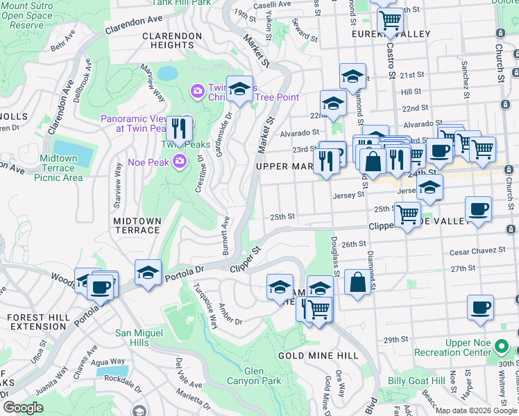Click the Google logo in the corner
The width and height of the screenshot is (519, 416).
coord(22,408)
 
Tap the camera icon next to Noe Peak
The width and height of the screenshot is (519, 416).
coord(180,162)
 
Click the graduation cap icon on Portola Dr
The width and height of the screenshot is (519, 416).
coord(148,272)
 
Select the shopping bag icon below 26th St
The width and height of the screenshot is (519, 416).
coord(357,281)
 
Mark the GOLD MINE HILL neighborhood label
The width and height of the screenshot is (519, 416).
coord(318,356)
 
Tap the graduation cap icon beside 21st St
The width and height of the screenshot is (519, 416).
coord(352,75)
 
